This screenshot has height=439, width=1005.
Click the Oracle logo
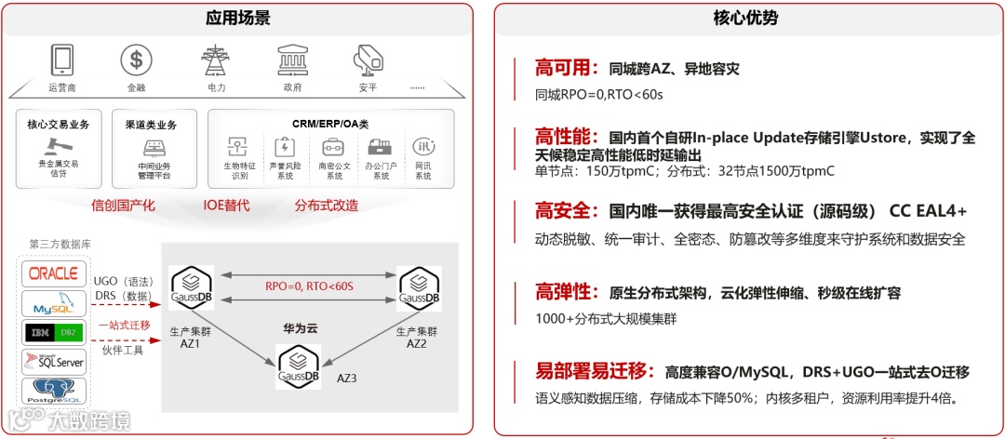point(54,273)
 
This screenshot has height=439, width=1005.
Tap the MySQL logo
point(54,302)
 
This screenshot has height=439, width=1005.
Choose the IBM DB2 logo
point(54,332)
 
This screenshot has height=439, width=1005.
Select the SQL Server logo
point(54,361)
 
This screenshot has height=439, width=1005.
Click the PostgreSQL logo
point(54,391)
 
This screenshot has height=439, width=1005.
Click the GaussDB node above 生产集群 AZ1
point(192,286)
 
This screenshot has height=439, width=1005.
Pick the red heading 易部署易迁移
point(590,372)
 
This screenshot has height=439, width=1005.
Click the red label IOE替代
point(227,206)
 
